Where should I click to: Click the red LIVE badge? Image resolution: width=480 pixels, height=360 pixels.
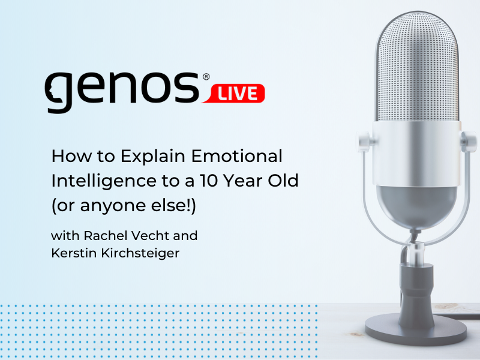tap(233, 93)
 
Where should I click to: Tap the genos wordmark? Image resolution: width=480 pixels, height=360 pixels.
tap(122, 91)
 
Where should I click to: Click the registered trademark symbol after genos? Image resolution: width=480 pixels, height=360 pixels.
tap(206, 77)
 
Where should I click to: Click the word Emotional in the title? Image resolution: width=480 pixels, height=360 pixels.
tap(236, 156)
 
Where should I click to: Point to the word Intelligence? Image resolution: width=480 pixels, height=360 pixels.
tap(104, 181)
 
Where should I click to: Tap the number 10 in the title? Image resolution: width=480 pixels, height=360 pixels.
tap(209, 181)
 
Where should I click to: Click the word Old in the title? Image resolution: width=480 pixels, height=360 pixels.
tap(283, 181)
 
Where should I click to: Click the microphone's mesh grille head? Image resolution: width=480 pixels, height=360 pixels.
tap(418, 68)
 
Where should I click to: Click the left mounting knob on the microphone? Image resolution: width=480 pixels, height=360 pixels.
tap(364, 142)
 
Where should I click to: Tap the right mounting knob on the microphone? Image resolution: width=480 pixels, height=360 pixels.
tap(469, 142)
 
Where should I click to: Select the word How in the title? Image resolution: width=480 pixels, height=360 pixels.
tap(71, 156)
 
